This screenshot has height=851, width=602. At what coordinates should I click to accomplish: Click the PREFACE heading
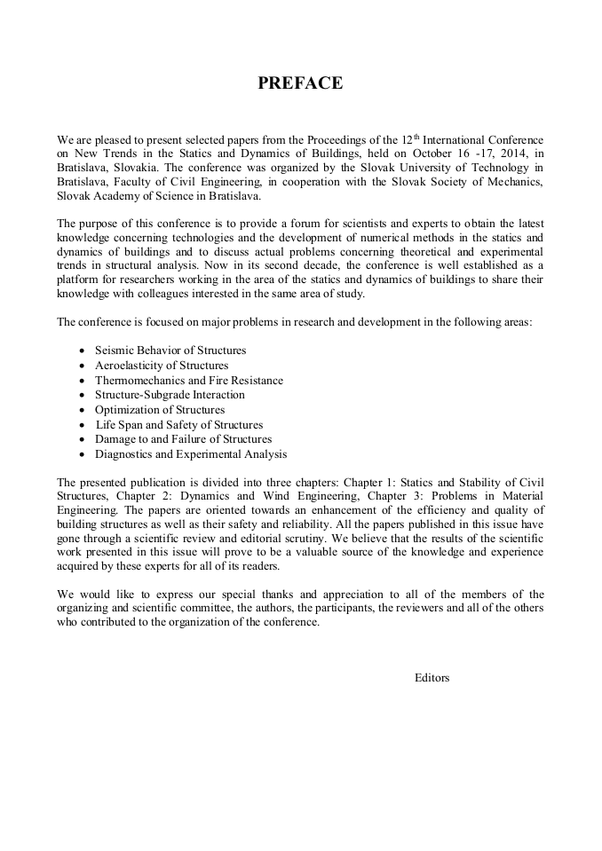pos(300,83)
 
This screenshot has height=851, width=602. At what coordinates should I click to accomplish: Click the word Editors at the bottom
pos(432,678)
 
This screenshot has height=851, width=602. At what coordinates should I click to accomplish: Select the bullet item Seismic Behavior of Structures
pos(170,351)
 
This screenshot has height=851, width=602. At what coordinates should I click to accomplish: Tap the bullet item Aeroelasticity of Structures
pos(162,365)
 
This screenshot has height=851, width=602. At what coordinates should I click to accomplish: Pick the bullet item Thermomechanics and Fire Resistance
pos(189,380)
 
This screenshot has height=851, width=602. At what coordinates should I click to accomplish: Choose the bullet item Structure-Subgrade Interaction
pos(170,395)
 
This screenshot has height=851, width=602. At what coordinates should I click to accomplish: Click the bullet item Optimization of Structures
pos(160,410)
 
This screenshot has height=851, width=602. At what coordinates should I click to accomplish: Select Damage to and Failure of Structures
pos(183,439)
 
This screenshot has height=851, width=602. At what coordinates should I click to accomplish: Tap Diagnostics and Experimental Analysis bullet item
pos(191,454)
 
